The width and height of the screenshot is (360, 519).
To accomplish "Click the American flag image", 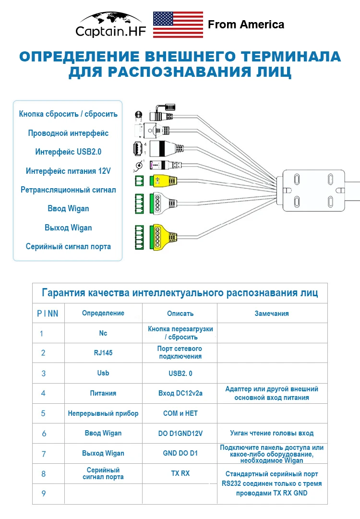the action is (x=178, y=24).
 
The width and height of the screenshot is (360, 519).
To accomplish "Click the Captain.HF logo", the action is (x=111, y=25).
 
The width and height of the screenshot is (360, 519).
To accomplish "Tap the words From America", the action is (x=246, y=24).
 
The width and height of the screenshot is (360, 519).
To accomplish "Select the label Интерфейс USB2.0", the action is (x=68, y=152).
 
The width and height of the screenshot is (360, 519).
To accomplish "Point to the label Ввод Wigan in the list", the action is (x=68, y=208).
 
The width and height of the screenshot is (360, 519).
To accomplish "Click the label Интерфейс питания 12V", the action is (x=68, y=171).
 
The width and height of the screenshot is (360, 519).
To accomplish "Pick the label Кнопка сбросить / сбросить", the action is (x=68, y=114).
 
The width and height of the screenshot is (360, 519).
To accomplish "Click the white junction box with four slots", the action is (x=313, y=191).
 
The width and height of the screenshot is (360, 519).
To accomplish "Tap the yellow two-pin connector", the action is (x=163, y=181).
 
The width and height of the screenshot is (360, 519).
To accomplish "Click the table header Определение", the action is (x=103, y=313).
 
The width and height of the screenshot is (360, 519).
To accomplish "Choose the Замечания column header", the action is (x=272, y=314).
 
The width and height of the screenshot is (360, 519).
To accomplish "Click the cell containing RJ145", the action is (x=103, y=353).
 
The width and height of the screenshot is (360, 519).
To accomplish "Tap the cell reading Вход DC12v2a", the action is (x=180, y=393).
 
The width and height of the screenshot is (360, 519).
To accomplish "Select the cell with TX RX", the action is (x=180, y=473).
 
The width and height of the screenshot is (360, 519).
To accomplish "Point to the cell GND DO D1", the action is (x=180, y=453).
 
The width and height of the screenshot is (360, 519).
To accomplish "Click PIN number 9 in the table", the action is (x=43, y=494).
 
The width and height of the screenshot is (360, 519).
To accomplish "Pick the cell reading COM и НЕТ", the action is (x=180, y=413).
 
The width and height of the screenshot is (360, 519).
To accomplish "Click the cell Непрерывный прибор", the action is (x=103, y=413).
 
